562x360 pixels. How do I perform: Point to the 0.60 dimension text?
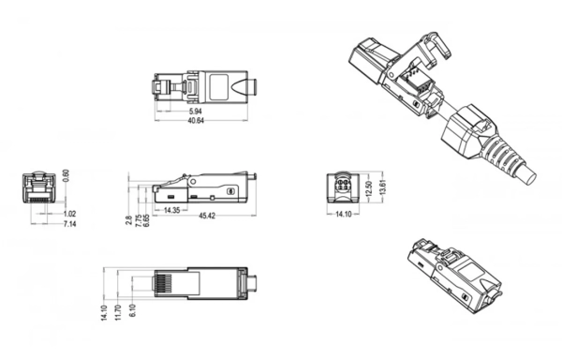pyautogui.click(x=66, y=177)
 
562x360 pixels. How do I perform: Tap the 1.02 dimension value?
pyautogui.click(x=69, y=215)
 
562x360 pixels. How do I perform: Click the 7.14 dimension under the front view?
pyautogui.click(x=69, y=224)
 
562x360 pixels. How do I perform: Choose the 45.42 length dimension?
pyautogui.click(x=208, y=217)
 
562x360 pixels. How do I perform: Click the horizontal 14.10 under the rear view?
pyautogui.click(x=343, y=215)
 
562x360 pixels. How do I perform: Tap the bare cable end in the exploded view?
pyautogui.click(x=530, y=174)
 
